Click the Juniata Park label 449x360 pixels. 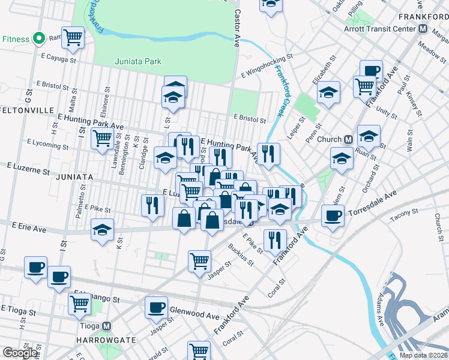138,61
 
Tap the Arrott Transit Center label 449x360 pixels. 384,29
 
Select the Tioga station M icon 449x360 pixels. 107,326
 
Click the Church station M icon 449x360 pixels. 348,139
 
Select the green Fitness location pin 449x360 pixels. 39,39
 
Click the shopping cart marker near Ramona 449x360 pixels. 73,37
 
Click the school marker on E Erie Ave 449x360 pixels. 102,230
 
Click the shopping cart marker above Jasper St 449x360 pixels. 199,260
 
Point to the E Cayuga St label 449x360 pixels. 59,60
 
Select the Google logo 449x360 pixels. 20,353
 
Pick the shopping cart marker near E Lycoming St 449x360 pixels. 102,139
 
